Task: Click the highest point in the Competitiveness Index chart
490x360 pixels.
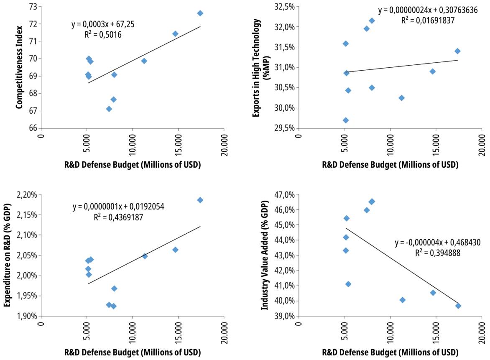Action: [200, 13]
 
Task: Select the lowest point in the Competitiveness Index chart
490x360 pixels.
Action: [109, 109]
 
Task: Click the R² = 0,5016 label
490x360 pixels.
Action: [103, 35]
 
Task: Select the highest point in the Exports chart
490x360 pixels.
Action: [372, 20]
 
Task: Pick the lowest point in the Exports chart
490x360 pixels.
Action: [346, 120]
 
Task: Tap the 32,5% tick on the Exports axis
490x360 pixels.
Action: [284, 7]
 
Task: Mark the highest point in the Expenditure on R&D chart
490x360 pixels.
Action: [200, 200]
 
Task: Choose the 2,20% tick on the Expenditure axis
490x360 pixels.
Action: [27, 195]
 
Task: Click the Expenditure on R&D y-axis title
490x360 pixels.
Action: [7, 255]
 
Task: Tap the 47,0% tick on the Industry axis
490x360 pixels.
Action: [284, 195]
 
